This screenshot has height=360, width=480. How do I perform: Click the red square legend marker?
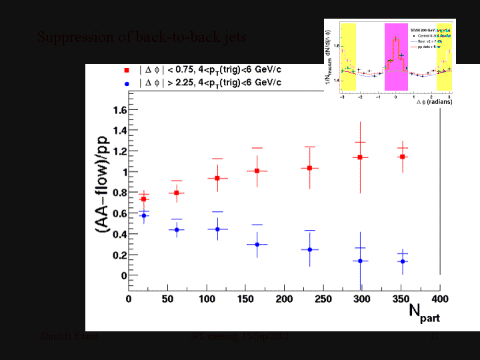pos(126,69)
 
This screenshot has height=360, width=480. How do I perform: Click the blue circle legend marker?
pos(126,83)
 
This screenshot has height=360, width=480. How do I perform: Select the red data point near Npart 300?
pos(360,157)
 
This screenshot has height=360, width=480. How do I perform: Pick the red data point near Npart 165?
pos(257,171)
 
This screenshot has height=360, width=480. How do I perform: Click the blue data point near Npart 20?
pos(144,215)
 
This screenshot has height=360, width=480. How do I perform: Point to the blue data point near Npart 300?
pos(360,261)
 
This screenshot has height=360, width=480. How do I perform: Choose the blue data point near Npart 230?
pos(309,249)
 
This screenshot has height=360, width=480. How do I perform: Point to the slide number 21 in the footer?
pos(433,337)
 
